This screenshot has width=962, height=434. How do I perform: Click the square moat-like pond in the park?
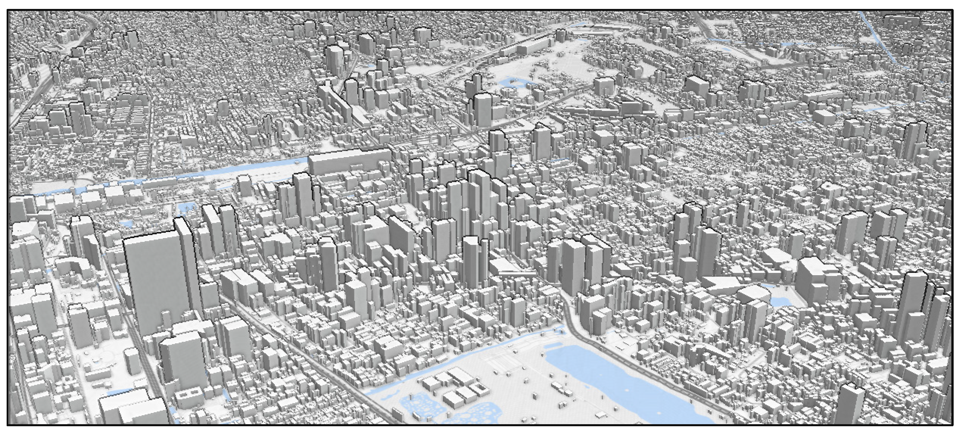(x=512, y=82)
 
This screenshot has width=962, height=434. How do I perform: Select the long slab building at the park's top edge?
(x=530, y=47)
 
